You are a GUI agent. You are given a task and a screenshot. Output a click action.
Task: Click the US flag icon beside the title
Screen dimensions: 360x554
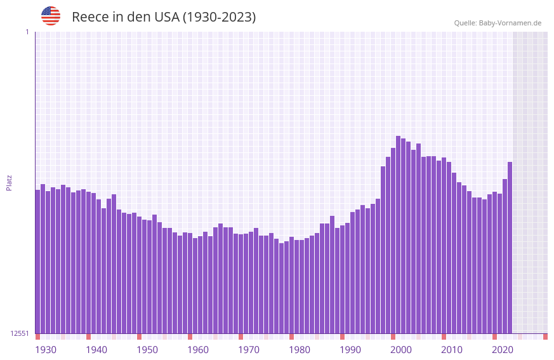click(51, 16)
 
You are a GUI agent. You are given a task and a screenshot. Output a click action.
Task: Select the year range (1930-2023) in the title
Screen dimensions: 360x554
click(219, 17)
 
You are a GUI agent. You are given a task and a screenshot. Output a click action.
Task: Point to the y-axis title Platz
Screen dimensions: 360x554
click(9, 183)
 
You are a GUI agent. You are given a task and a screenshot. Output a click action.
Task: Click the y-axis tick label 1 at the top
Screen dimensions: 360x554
click(27, 32)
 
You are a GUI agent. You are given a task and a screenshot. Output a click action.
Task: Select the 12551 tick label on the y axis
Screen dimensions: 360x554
click(20, 333)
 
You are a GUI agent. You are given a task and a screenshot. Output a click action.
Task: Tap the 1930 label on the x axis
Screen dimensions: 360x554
click(46, 350)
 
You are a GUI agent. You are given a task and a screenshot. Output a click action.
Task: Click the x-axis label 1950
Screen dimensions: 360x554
click(147, 350)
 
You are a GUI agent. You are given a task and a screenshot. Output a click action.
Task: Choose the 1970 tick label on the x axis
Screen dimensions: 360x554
click(249, 350)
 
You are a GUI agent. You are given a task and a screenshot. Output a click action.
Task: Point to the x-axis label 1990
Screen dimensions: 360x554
click(350, 350)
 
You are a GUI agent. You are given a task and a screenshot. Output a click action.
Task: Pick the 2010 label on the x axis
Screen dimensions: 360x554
click(452, 350)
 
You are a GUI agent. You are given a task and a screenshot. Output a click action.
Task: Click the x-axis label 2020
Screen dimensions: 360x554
click(503, 350)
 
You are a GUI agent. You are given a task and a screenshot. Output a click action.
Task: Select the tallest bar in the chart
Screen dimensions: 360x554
click(398, 234)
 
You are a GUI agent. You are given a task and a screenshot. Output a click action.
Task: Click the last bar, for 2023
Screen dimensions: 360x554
click(510, 248)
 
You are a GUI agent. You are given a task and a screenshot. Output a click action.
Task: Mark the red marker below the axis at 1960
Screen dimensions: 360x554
click(190, 337)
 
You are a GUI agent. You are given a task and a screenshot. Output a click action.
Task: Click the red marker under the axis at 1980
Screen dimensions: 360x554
click(291, 337)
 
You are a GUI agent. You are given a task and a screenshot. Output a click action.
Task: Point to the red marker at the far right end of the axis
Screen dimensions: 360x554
click(545, 337)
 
